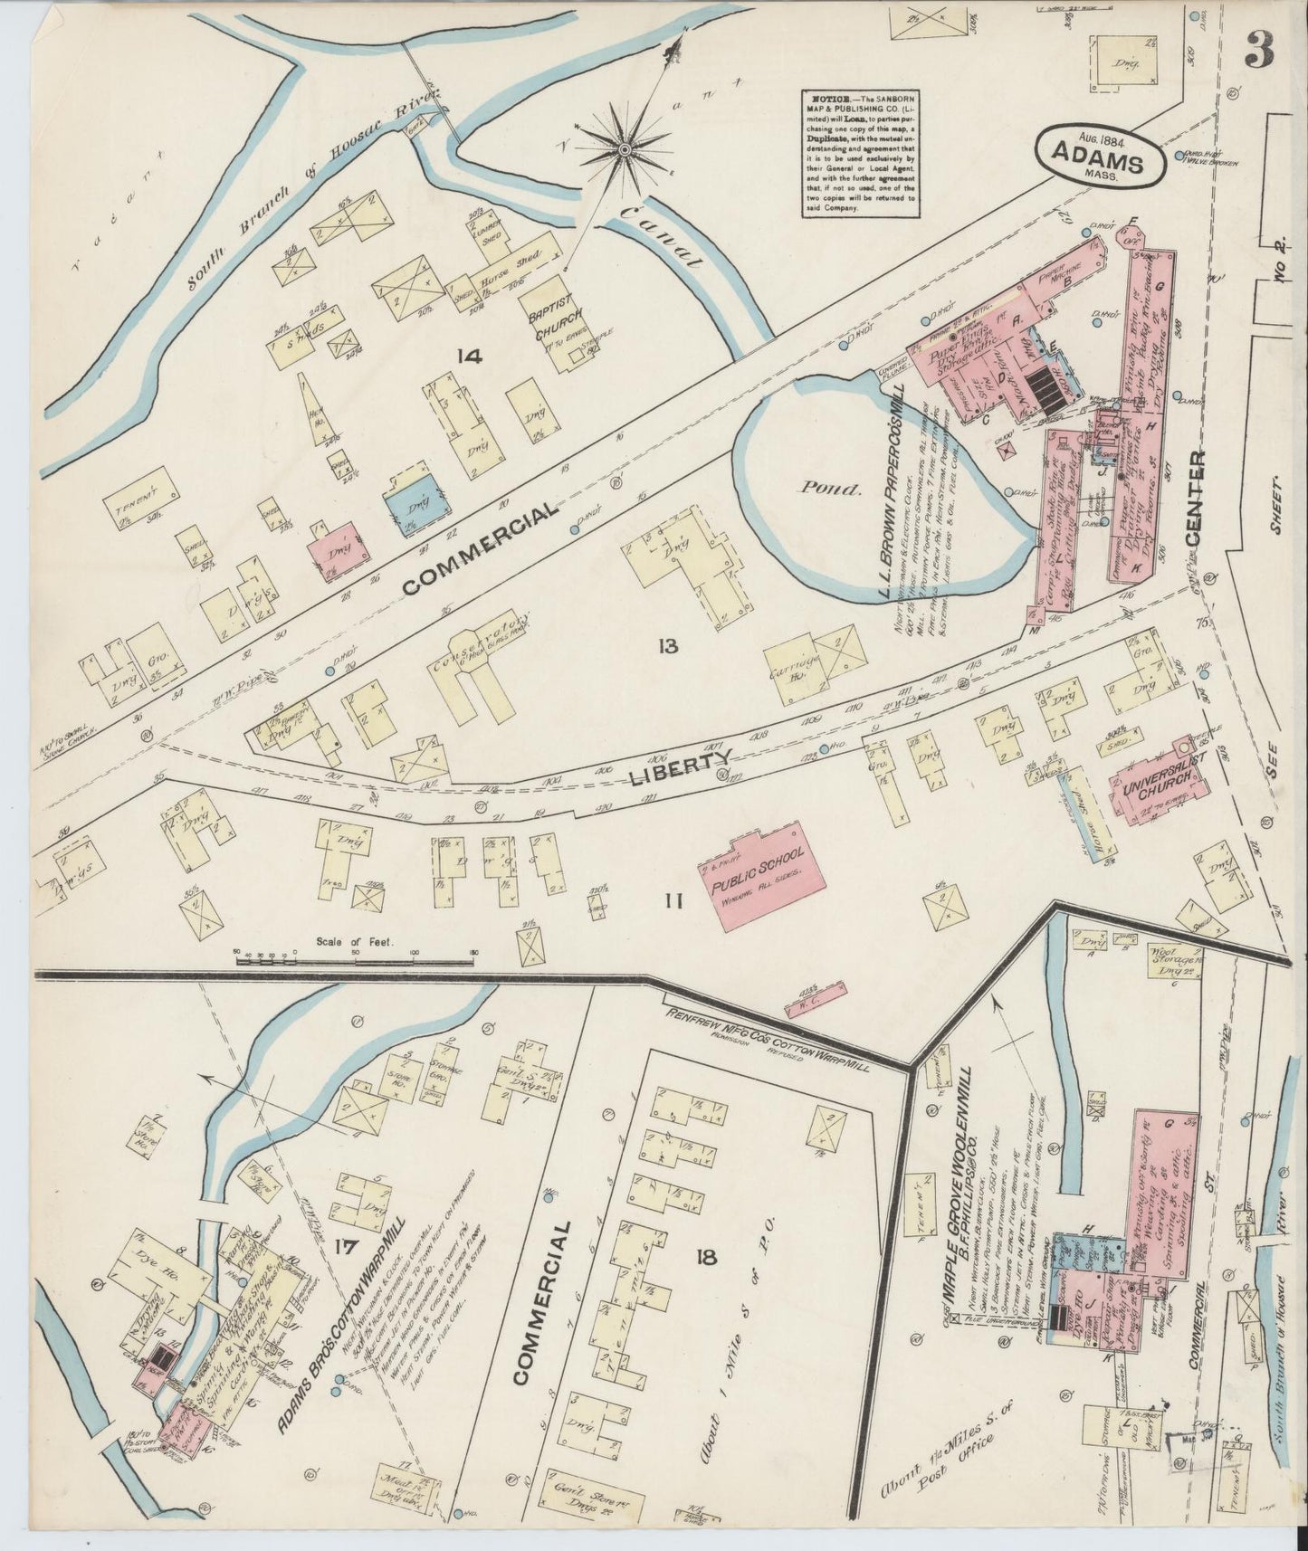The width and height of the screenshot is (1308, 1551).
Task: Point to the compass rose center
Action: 625,147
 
